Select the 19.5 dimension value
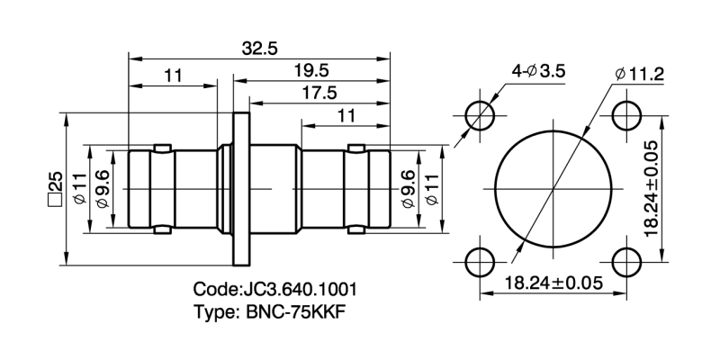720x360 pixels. (x=310, y=70)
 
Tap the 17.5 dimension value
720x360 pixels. (x=319, y=93)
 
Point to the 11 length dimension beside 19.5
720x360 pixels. (x=174, y=76)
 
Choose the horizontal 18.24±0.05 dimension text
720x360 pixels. (x=553, y=282)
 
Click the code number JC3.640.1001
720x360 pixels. (x=275, y=290)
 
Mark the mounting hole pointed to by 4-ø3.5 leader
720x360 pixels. (x=479, y=114)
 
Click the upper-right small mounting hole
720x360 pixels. (x=626, y=114)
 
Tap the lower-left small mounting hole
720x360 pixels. (x=479, y=262)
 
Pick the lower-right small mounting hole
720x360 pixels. (x=626, y=262)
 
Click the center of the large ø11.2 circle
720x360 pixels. (x=553, y=188)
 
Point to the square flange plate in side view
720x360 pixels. (x=240, y=188)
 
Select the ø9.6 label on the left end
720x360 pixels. (x=101, y=188)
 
